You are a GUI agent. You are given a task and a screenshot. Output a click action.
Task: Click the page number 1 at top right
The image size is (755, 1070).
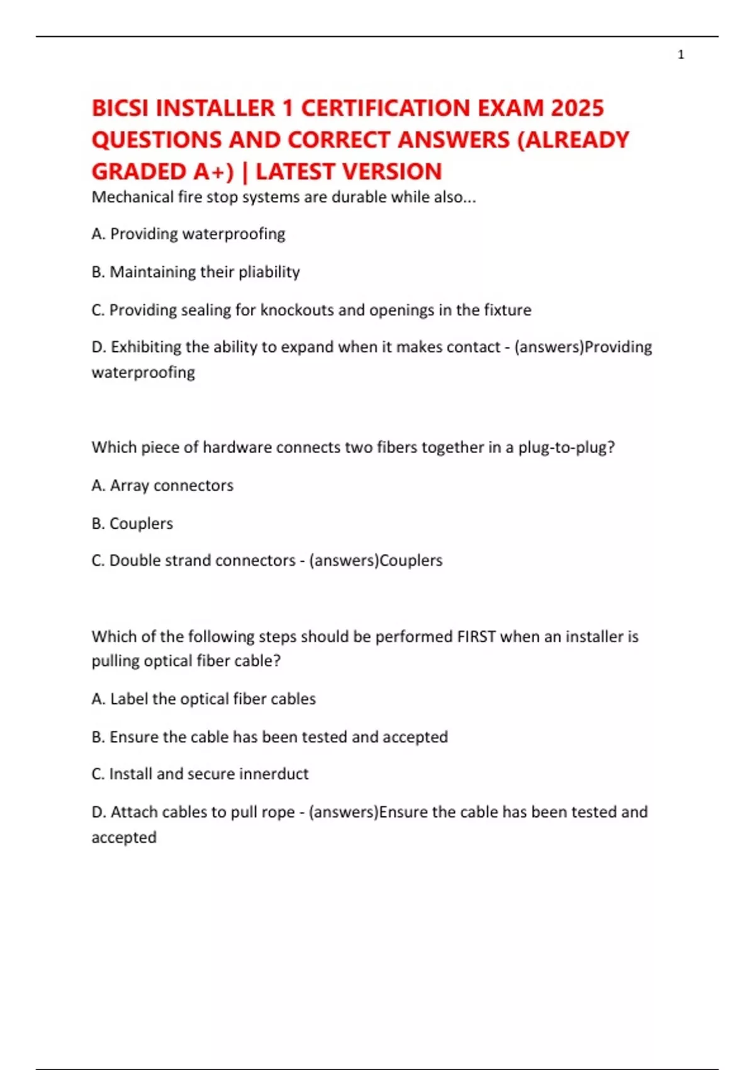click(x=681, y=55)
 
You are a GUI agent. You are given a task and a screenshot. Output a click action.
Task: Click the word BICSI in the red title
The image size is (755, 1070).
click(x=120, y=108)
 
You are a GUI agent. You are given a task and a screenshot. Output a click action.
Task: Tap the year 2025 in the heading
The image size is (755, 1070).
click(x=577, y=108)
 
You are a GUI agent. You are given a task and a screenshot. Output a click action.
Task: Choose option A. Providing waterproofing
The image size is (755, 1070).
click(x=188, y=234)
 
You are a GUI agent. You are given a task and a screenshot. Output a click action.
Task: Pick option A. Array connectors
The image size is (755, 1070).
click(x=162, y=485)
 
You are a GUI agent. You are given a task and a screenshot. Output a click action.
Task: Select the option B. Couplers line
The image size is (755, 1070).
click(x=132, y=523)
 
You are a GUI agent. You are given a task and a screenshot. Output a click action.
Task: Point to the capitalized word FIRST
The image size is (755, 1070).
click(x=476, y=636)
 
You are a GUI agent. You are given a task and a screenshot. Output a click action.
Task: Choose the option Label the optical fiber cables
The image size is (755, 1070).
click(x=203, y=699)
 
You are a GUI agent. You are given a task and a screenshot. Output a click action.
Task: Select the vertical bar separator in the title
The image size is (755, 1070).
click(x=245, y=172)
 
